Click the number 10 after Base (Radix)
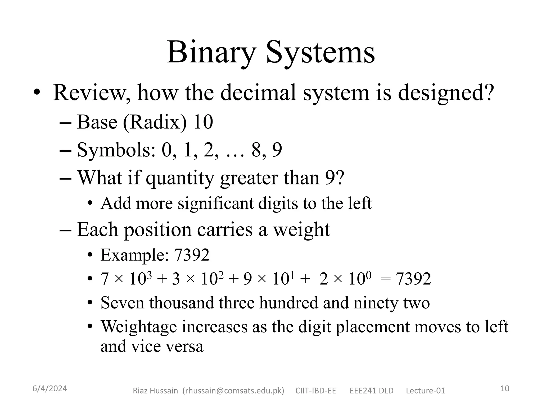(x=203, y=122)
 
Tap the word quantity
(x=180, y=178)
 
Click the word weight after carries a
(x=301, y=230)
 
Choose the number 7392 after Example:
(x=192, y=255)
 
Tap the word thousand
(x=182, y=303)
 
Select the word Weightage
(x=139, y=327)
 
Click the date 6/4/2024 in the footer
(x=50, y=389)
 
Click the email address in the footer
(x=233, y=391)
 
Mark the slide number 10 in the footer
(x=505, y=388)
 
